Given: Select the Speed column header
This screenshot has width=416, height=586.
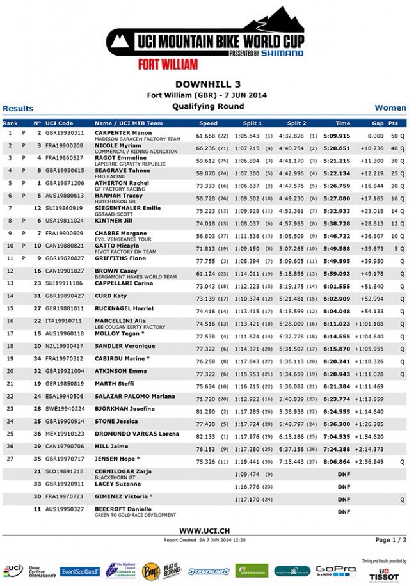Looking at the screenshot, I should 208,122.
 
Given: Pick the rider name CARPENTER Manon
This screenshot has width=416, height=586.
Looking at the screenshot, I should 124,132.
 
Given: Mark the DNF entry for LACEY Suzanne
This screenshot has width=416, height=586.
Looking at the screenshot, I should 344,484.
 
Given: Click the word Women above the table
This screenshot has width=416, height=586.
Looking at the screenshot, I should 390,108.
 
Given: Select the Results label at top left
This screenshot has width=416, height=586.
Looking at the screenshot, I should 18,109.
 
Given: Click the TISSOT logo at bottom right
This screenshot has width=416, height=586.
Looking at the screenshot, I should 388,573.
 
